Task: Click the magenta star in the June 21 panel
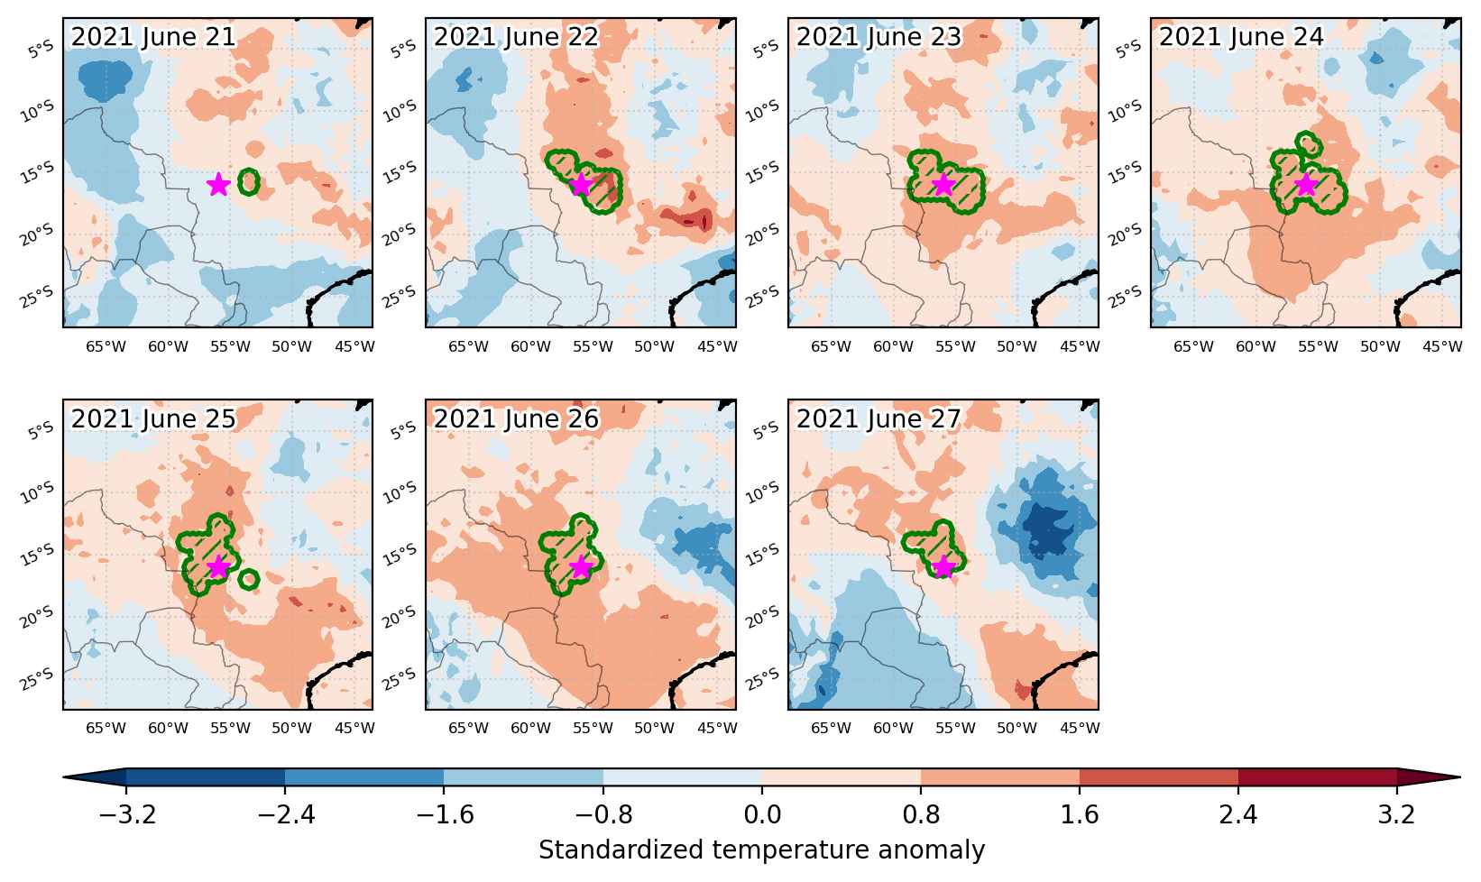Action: tap(218, 185)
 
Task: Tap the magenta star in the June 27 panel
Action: tap(943, 566)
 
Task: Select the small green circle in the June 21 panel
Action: tap(249, 182)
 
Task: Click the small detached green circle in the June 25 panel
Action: tap(248, 580)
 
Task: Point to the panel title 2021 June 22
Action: tap(516, 36)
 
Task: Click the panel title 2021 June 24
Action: tap(1241, 36)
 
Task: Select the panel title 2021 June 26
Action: tap(516, 418)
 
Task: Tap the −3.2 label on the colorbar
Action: tap(127, 814)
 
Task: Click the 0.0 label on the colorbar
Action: tap(761, 814)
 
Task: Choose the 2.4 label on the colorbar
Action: tap(1237, 814)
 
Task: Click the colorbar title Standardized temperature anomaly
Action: tap(761, 850)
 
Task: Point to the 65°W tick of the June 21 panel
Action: tap(106, 346)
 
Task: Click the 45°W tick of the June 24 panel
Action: tap(1442, 346)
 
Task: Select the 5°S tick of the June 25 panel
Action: tap(41, 431)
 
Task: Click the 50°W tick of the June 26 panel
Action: tap(654, 728)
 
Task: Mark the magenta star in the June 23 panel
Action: tap(943, 185)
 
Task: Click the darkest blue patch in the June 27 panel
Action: tap(1052, 530)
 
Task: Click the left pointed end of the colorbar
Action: tap(64, 777)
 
